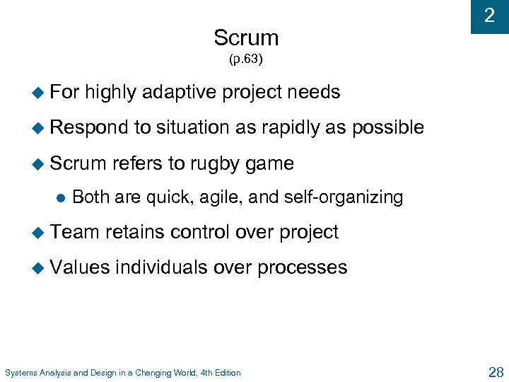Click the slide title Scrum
[246, 37]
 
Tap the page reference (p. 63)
[245, 59]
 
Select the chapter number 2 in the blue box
[489, 16]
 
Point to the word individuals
[160, 267]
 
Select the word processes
[302, 267]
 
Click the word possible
[388, 127]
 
